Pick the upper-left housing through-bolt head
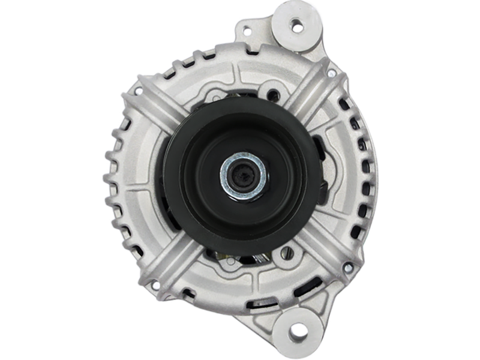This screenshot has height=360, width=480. point(139,92)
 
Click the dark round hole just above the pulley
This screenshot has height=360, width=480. point(275,94)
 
